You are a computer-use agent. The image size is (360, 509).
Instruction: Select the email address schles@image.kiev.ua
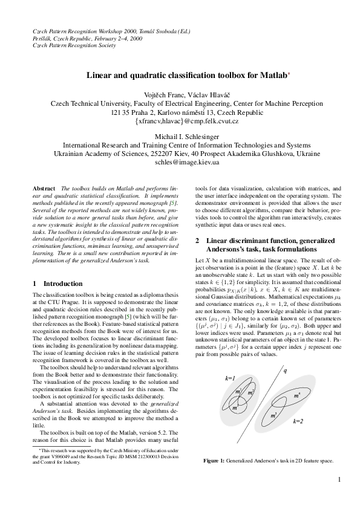coord(187,163)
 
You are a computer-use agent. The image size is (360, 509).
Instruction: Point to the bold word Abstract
coord(44,189)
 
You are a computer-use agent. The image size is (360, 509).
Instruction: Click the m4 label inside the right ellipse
coord(296,395)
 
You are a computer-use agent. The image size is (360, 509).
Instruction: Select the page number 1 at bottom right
coord(340,480)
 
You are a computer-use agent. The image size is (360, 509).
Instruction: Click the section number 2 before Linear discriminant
coord(197,241)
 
